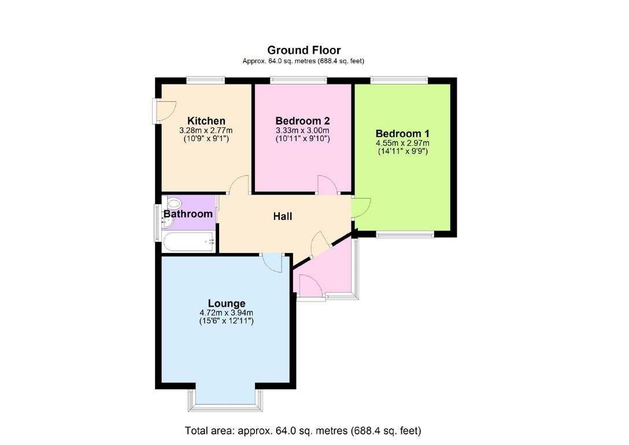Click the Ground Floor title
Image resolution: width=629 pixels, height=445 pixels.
303,51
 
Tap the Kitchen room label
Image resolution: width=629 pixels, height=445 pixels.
206,121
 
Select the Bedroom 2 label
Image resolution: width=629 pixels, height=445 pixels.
302,121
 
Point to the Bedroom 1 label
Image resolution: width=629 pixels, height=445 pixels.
402,133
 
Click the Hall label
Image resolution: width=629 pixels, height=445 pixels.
283,216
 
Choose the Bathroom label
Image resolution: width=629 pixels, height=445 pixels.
188,214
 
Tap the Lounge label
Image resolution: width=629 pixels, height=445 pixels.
227,303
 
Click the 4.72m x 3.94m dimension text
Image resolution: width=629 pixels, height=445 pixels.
227,313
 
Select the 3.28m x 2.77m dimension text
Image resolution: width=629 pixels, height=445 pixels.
206,131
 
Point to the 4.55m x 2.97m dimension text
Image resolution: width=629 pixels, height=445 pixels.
402,143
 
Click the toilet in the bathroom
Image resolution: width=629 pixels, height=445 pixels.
174,203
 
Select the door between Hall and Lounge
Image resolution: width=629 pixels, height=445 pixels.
272,262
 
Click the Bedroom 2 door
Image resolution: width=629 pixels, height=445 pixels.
328,185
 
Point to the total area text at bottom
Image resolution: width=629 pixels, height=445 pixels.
303,431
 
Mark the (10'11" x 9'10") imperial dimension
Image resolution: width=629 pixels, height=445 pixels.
302,139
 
